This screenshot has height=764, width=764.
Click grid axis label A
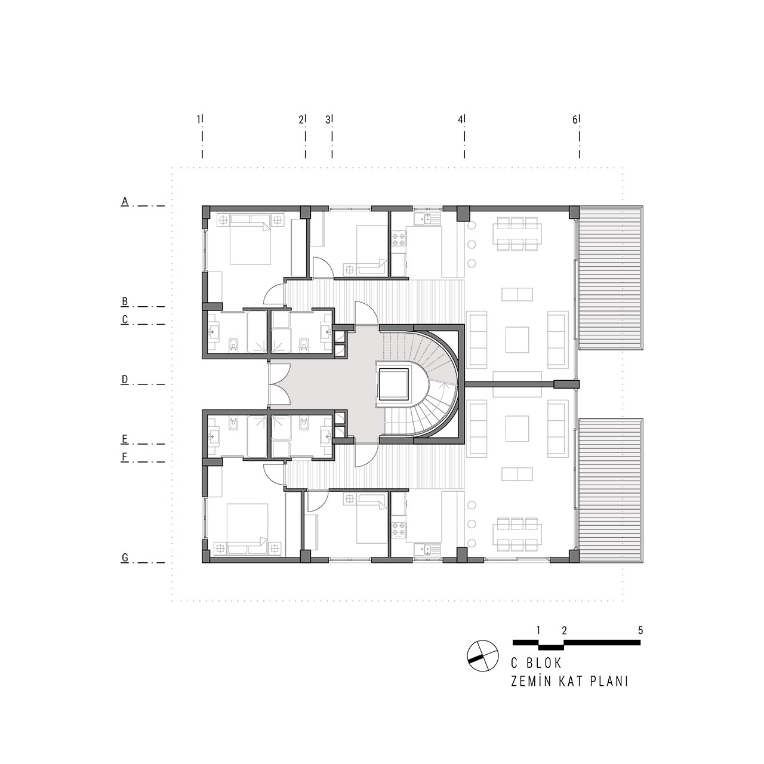tap(125, 201)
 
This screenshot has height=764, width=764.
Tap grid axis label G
tap(125, 558)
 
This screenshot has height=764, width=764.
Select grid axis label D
tap(125, 380)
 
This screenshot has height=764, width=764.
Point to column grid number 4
tap(460, 119)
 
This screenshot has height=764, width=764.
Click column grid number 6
tap(575, 119)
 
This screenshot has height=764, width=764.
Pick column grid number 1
tap(199, 119)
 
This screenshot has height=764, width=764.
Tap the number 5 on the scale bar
tap(640, 630)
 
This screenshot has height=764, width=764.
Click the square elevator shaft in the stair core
tap(393, 384)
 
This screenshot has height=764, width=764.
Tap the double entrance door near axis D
tap(279, 384)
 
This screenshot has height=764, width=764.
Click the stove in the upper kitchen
tap(399, 239)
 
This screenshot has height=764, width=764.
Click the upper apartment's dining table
tap(517, 233)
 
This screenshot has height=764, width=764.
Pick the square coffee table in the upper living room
tap(517, 340)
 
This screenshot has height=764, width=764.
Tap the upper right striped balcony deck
tap(611, 278)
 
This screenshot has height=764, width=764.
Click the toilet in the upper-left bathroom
tap(233, 344)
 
